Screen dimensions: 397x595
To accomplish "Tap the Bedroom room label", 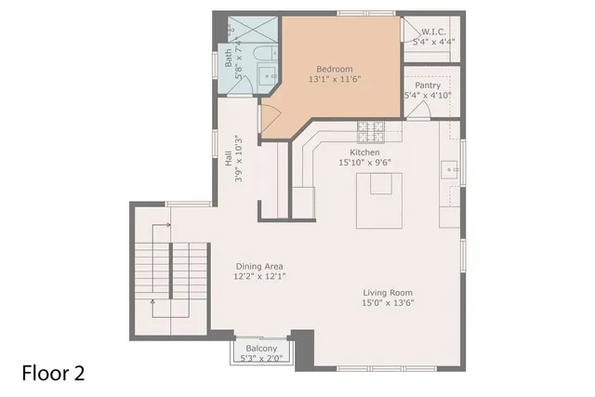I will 334,69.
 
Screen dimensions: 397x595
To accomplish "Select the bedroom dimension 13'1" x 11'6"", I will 334,80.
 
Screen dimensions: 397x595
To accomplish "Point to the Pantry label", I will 428,85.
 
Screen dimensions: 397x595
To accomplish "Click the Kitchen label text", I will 364,152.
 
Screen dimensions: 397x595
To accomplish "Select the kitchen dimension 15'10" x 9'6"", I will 364,163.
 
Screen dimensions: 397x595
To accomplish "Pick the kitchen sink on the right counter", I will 450,170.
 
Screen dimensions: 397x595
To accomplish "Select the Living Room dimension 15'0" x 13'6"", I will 389,301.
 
